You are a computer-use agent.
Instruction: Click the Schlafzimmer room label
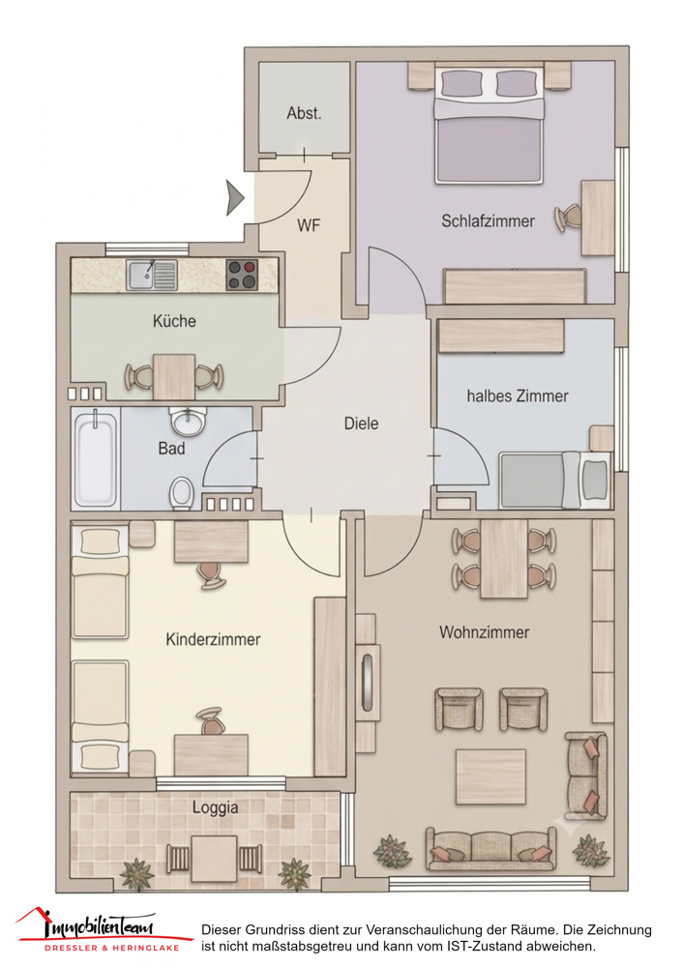pos(488,220)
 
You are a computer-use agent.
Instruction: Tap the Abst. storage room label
pos(304,113)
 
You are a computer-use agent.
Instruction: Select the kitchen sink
pos(152,275)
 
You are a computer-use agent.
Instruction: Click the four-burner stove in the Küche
pos(242,275)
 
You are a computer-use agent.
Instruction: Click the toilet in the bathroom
pos(182,493)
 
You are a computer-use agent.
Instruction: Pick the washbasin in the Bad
pos(188,422)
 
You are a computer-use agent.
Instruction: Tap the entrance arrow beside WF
pos(235,198)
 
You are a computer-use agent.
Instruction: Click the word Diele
pos(361,424)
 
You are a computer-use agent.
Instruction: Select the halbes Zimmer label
pos(517,396)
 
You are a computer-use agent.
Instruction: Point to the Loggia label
pos(215,807)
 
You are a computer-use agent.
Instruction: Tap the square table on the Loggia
pos(214,859)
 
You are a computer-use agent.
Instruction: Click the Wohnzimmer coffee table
pos(490,777)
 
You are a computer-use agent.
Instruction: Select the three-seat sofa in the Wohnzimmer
pos(490,849)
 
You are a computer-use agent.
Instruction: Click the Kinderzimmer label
pos(213,639)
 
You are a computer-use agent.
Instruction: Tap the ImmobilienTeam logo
pos(99,930)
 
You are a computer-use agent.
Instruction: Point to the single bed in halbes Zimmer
pos(554,481)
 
